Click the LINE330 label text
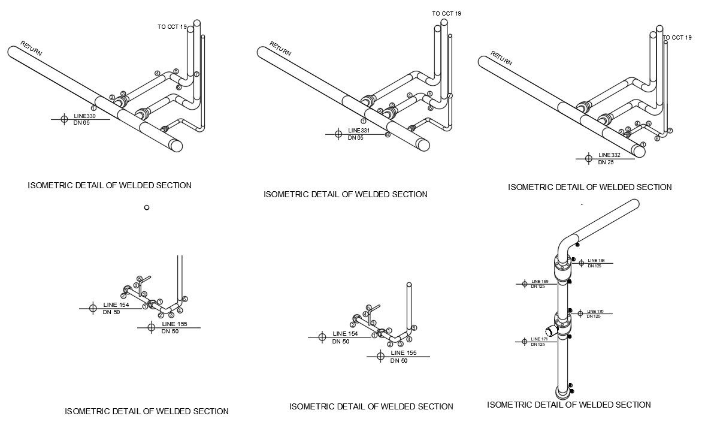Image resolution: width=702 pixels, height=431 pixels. [84, 116]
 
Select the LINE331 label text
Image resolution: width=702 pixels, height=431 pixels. [359, 131]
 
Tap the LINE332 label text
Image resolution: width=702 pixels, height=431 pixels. [609, 155]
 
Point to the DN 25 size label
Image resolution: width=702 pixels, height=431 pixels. [606, 162]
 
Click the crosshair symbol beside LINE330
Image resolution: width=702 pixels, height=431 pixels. [64, 119]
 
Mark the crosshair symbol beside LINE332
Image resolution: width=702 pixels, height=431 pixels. [588, 158]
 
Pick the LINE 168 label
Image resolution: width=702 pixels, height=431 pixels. [596, 260]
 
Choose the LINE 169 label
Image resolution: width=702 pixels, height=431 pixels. [540, 281]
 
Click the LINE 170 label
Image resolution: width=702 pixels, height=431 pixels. [595, 311]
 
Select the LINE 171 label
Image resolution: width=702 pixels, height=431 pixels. [539, 339]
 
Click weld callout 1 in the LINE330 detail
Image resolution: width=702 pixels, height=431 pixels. [94, 108]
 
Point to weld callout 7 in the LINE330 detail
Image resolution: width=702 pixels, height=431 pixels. [196, 74]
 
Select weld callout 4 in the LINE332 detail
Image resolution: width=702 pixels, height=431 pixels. [637, 124]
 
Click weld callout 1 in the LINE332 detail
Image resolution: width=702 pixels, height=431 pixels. [643, 144]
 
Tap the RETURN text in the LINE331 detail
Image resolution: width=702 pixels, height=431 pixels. [280, 49]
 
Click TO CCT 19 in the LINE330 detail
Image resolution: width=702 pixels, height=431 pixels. [171, 26]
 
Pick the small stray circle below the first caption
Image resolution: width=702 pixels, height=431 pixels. [147, 207]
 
